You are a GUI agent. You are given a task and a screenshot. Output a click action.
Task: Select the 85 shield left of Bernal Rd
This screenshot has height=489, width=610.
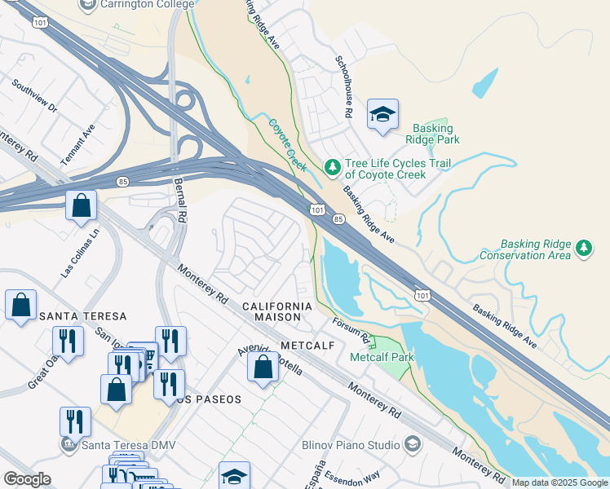click(122, 181)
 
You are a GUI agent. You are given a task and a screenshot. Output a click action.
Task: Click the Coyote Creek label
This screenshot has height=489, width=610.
click(287, 145)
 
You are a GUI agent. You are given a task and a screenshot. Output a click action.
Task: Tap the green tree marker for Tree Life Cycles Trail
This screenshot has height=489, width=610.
click(332, 167)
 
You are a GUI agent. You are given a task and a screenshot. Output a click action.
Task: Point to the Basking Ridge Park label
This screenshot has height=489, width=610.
click(435, 134)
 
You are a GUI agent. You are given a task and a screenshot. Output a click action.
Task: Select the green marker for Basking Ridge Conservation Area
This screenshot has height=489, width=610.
click(583, 247)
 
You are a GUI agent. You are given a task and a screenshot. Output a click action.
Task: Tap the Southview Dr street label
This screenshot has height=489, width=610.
click(34, 96)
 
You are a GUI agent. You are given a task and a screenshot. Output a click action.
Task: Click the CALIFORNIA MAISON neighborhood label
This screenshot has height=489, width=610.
click(277, 311)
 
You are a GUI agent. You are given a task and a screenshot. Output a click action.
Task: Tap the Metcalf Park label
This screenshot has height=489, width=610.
click(382, 357)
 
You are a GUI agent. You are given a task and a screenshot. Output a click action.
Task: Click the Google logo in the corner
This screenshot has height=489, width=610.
click(28, 479)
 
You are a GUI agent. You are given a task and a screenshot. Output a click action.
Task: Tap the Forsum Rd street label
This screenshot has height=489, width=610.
click(353, 330)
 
